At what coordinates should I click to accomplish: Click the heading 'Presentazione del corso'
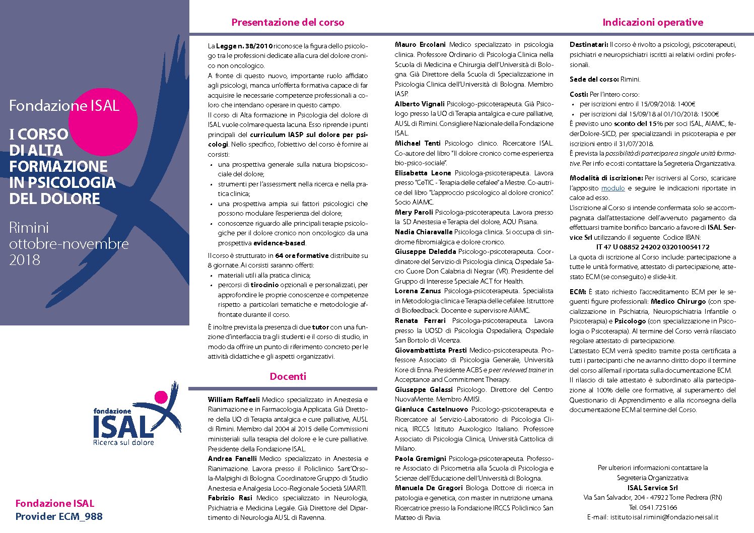pyautogui.click(x=288, y=22)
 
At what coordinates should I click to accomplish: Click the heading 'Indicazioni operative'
pyautogui.click(x=653, y=22)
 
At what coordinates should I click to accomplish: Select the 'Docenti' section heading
pyautogui.click(x=288, y=376)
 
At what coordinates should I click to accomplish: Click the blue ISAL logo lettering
pyautogui.click(x=123, y=426)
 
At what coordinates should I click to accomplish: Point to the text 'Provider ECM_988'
pyautogui.click(x=59, y=516)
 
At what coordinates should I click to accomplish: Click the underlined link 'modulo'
pyautogui.click(x=613, y=188)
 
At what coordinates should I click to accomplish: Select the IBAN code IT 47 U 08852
pyautogui.click(x=652, y=247)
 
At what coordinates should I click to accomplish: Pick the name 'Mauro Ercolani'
pyautogui.click(x=420, y=45)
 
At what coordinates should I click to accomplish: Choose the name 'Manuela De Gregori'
pyautogui.click(x=429, y=488)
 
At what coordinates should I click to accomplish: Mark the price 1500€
pyautogui.click(x=709, y=114)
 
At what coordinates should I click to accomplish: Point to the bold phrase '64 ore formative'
pyautogui.click(x=302, y=255)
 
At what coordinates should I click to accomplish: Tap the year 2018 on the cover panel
pyautogui.click(x=24, y=260)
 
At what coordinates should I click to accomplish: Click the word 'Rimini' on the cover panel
pyautogui.click(x=29, y=227)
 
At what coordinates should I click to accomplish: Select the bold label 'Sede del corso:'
pyautogui.click(x=594, y=79)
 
